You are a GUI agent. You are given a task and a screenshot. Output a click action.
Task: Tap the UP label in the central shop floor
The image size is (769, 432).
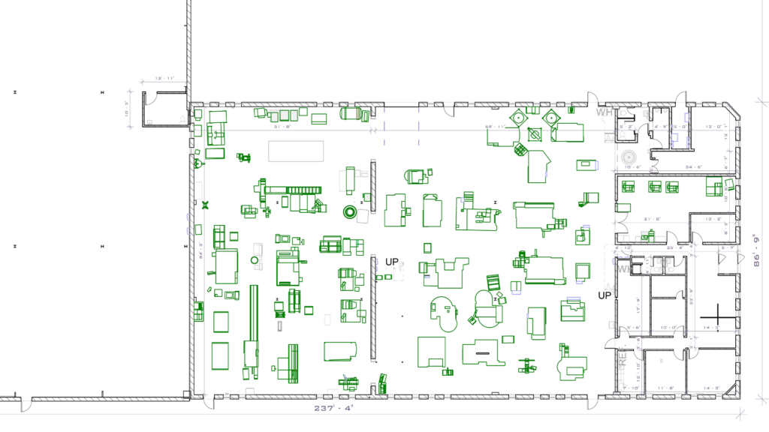(x=392, y=262)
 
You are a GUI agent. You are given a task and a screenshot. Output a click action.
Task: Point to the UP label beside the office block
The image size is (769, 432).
(x=605, y=295)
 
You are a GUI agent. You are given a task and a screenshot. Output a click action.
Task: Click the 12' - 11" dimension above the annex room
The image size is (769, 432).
(x=164, y=78)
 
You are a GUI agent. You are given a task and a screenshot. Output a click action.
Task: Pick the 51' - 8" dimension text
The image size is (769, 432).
(x=282, y=127)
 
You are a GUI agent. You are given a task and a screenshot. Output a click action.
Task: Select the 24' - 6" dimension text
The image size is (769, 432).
(x=692, y=166)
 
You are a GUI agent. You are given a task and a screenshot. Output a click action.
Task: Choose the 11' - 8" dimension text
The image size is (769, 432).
(x=665, y=388)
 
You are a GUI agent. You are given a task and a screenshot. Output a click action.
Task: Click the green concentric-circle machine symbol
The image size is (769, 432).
(x=350, y=211)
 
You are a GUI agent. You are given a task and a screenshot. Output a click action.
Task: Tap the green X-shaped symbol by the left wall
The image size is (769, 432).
(x=205, y=204)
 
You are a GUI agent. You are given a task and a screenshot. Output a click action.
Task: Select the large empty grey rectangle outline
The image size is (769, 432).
(x=296, y=151)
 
